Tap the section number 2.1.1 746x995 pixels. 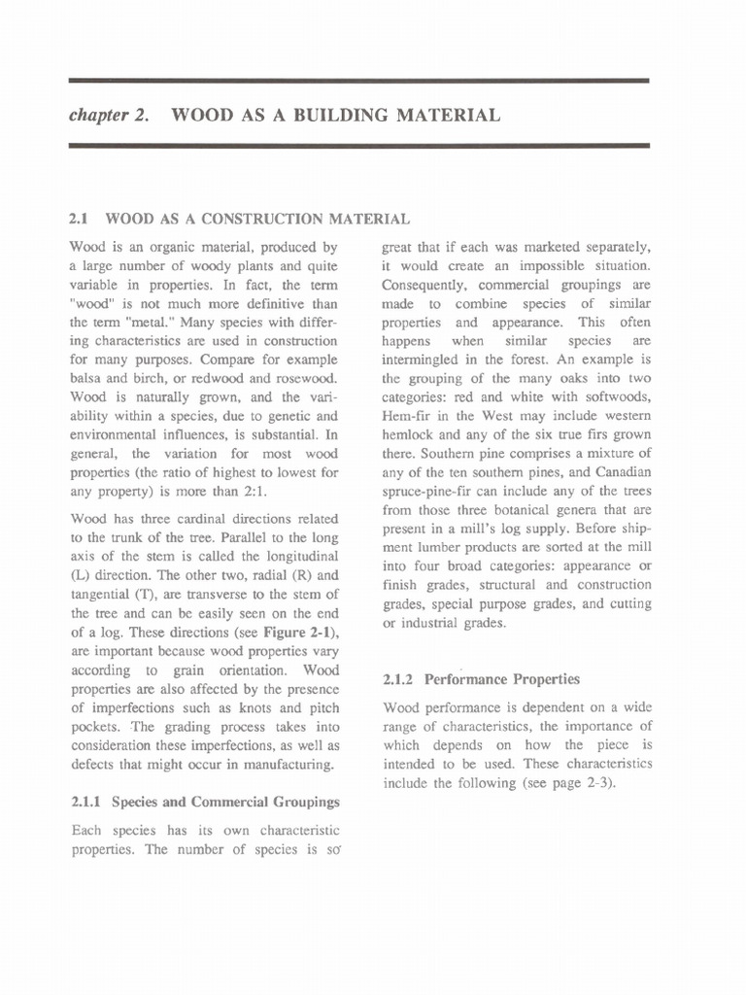click(87, 802)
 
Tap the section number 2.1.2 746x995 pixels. click(403, 679)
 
